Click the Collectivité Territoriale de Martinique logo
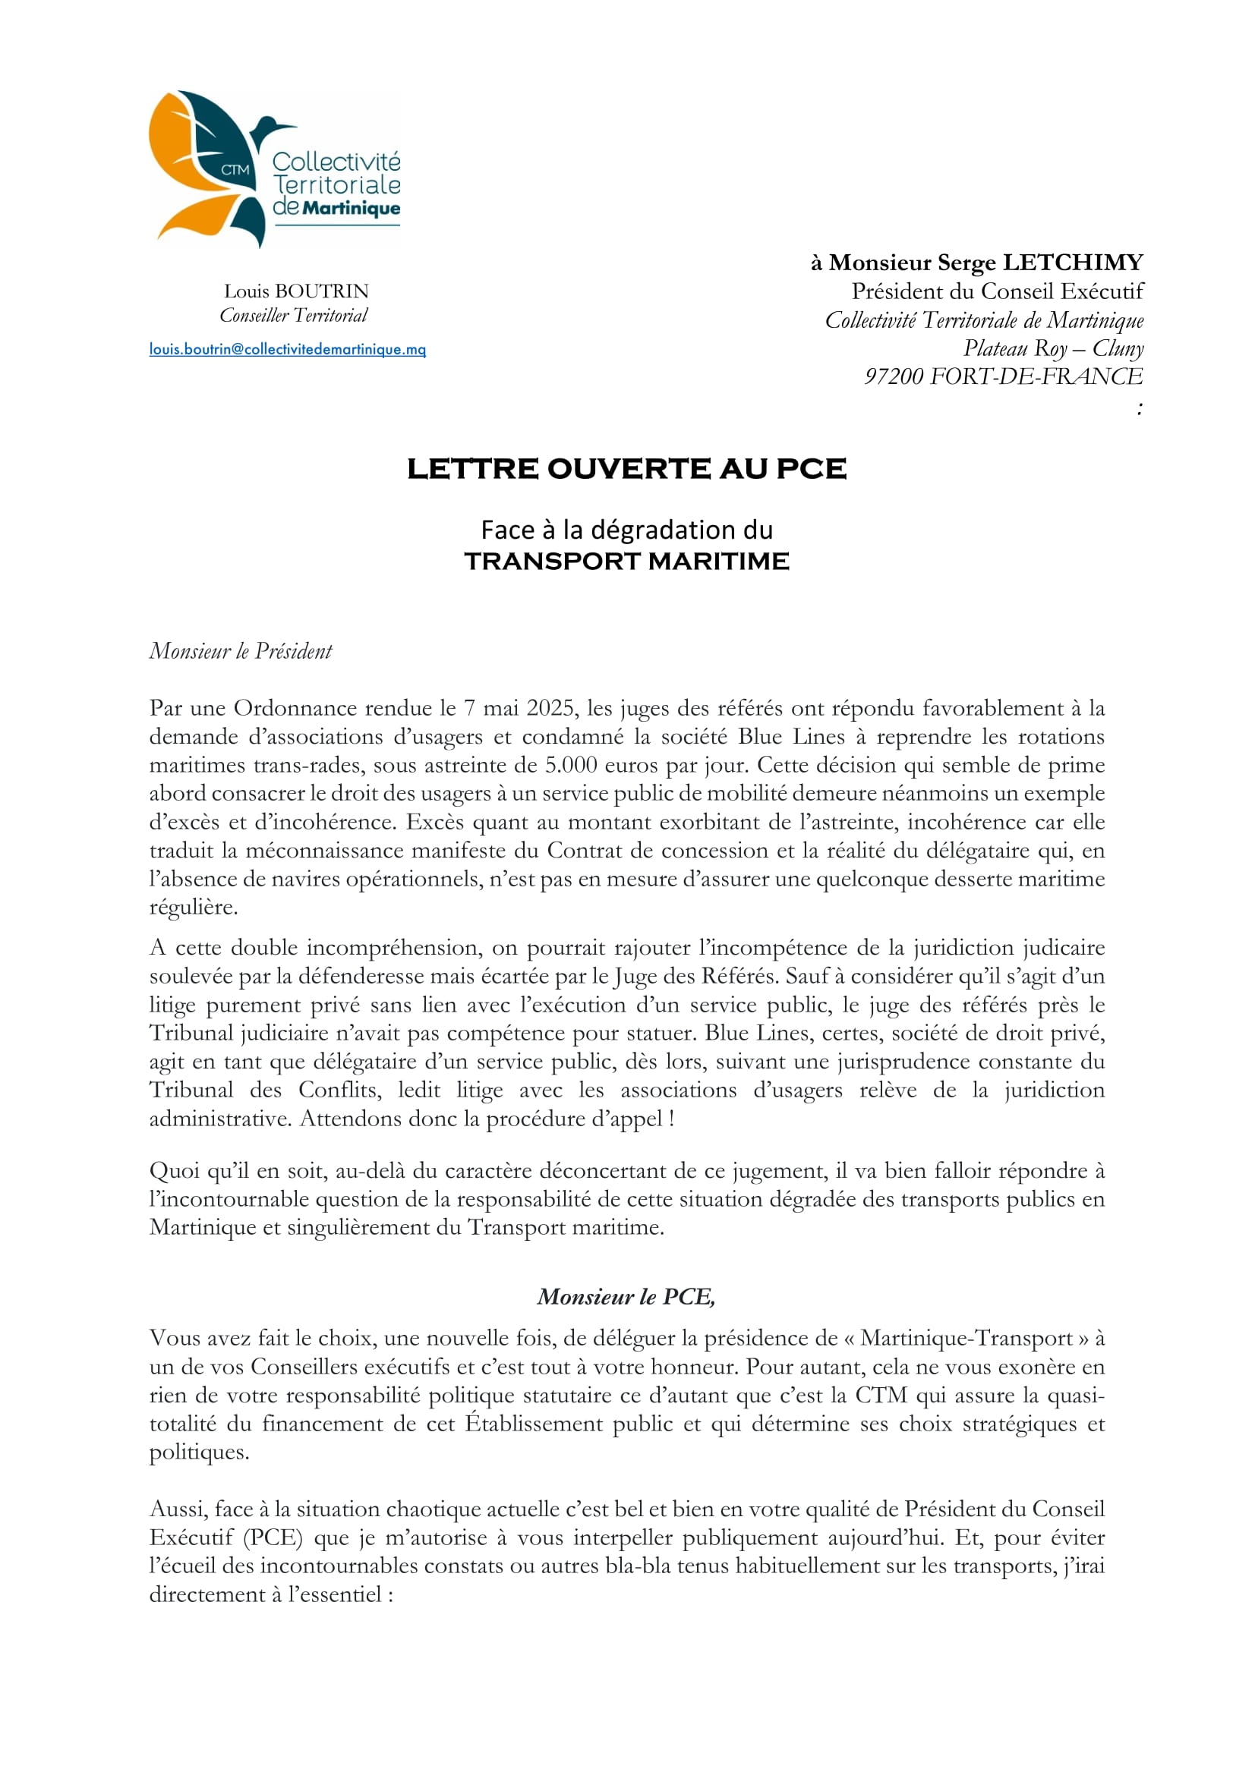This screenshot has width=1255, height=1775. point(275,168)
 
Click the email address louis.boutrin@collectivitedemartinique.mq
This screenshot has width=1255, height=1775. point(287,349)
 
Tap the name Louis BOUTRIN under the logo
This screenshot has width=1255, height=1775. point(296,291)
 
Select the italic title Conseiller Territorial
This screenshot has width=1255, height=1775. point(294,316)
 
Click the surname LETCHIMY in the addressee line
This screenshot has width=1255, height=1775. point(1073,263)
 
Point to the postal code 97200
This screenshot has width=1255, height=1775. point(893,376)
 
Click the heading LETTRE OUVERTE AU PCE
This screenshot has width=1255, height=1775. point(626,468)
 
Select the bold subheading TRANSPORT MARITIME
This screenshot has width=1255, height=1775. point(626,562)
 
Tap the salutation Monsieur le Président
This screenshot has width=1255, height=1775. point(241,651)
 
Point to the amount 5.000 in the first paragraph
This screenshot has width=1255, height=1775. point(569,766)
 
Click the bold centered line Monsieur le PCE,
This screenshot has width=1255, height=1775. point(626,1296)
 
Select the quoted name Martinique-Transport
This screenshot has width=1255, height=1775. point(966,1338)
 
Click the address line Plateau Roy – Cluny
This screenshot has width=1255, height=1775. point(1053,348)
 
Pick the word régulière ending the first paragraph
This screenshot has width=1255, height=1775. point(194,907)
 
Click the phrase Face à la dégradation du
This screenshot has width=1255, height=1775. point(626,530)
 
